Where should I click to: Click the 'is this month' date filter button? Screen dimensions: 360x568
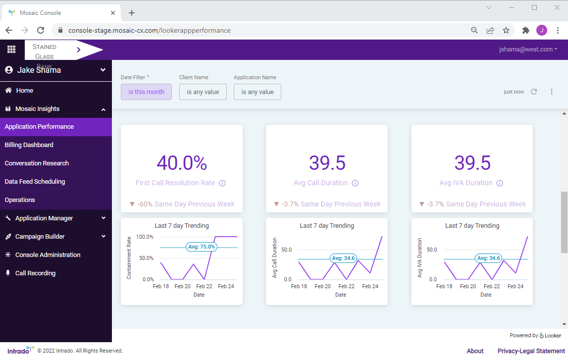(146, 92)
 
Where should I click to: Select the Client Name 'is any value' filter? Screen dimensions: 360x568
(203, 92)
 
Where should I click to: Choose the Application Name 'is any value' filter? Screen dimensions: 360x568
(257, 92)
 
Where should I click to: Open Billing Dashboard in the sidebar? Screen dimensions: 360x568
(29, 145)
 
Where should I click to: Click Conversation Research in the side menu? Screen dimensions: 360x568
(37, 163)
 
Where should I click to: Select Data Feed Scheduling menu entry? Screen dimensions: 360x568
(35, 182)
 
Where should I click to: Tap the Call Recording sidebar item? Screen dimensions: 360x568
(35, 273)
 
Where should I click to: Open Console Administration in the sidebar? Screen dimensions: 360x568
(48, 255)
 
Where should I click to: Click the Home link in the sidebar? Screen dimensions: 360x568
(24, 91)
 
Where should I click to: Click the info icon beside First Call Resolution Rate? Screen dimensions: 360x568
(222, 183)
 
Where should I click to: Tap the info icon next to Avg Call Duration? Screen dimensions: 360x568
(355, 183)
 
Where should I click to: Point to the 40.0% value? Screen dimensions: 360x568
(182, 163)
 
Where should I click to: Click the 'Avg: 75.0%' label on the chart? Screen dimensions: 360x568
(201, 247)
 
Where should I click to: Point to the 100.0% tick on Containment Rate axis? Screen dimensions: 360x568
(145, 237)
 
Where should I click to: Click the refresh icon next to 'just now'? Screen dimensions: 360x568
(534, 92)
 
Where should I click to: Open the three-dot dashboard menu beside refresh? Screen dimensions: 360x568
(551, 92)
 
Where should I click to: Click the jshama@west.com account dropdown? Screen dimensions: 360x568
(528, 50)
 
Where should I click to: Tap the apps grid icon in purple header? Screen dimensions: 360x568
(11, 50)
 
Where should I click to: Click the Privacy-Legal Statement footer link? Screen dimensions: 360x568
(531, 351)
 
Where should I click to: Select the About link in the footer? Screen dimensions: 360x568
(475, 351)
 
